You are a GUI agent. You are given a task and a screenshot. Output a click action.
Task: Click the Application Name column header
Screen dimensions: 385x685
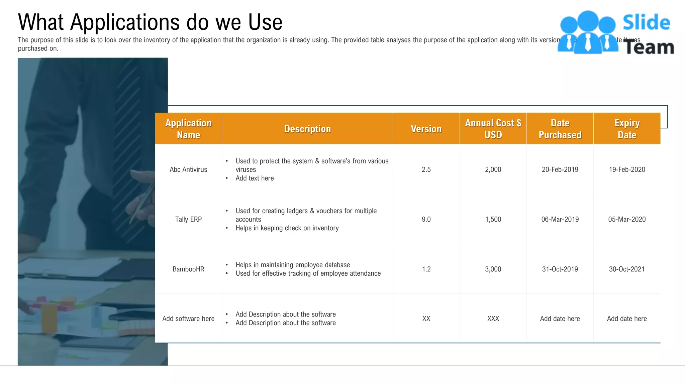click(x=188, y=129)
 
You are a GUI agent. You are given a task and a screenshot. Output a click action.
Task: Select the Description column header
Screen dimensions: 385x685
click(x=307, y=129)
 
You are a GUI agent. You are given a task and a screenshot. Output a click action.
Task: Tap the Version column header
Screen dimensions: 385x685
click(x=426, y=129)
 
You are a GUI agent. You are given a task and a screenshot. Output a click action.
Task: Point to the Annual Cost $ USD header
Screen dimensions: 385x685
click(x=493, y=129)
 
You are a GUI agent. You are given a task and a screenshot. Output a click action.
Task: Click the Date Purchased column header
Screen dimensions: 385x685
click(x=560, y=129)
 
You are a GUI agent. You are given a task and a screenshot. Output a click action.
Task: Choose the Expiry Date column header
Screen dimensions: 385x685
click(x=627, y=129)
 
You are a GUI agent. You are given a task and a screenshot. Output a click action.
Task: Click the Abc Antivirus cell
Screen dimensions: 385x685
click(x=188, y=169)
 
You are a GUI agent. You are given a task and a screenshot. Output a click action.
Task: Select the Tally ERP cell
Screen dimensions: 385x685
click(x=188, y=219)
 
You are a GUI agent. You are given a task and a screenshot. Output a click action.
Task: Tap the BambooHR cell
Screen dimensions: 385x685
click(x=188, y=269)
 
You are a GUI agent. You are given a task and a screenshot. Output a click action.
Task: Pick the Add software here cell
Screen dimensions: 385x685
click(x=188, y=318)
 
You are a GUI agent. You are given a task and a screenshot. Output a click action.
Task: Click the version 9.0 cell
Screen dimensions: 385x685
click(x=426, y=219)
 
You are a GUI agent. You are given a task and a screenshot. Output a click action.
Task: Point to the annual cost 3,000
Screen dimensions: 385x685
click(x=493, y=269)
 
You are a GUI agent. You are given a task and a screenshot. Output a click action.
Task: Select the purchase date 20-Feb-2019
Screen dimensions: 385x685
click(x=560, y=169)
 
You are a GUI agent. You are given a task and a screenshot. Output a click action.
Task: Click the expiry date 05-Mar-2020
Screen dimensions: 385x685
click(x=627, y=219)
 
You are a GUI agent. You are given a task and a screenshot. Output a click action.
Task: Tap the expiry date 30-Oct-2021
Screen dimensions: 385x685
click(x=627, y=269)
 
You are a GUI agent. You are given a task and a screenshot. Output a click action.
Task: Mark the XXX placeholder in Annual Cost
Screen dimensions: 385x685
click(x=493, y=318)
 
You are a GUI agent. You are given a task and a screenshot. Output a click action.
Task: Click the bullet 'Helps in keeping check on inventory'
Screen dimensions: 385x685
click(x=287, y=228)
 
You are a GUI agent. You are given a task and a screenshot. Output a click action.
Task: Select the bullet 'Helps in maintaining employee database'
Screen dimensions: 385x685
click(x=293, y=265)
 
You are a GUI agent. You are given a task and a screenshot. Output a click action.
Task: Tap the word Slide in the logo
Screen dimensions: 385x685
click(x=646, y=23)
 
